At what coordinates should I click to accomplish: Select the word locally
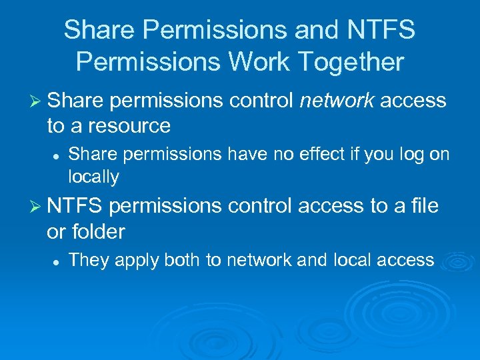pos(93,177)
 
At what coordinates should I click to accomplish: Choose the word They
pos(89,260)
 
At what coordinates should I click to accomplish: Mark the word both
pos(182,260)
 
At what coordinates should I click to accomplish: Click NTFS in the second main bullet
pos(74,207)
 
